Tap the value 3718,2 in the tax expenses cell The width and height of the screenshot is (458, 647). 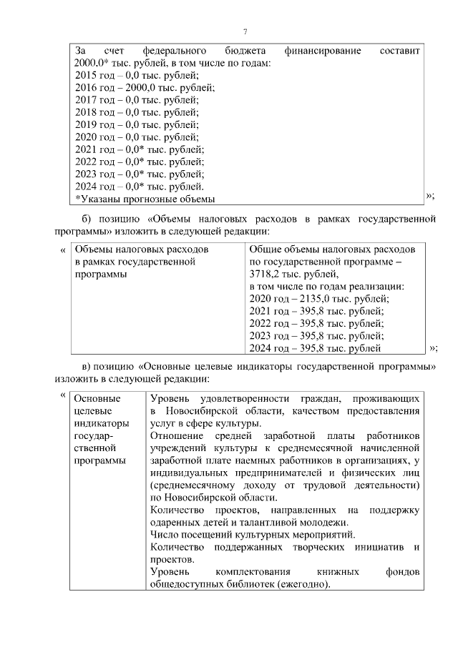coord(266,274)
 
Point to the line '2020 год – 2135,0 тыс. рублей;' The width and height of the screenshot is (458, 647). coord(318,299)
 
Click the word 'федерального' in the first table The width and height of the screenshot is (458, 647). coord(175,51)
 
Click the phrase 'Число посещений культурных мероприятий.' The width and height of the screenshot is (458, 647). coord(253,533)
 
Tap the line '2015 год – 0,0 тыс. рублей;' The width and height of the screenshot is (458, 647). coord(137,75)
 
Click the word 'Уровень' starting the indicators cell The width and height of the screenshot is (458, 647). coord(170,398)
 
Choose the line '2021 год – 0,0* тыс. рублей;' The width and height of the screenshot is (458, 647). coord(140,149)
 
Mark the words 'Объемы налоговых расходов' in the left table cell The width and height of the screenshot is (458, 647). coord(141,250)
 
